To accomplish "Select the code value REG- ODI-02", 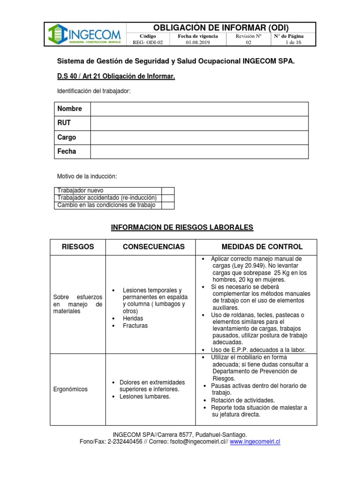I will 148,42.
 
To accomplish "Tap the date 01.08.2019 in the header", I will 198,42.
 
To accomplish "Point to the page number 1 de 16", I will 293,42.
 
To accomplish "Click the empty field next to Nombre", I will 199,109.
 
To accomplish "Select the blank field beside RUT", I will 199,123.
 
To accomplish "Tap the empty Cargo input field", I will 199,138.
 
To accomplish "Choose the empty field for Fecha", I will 199,152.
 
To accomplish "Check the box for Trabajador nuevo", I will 168,191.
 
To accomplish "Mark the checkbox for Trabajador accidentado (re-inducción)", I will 168,198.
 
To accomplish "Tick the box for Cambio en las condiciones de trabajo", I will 168,205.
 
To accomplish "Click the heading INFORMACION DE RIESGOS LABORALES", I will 182,227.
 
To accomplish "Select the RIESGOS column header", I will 78,247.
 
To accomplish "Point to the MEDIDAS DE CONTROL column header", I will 262,247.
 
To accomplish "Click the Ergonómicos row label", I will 71,389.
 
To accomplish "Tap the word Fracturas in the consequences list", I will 135,325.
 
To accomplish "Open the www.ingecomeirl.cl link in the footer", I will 255,442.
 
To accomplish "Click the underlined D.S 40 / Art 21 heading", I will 116,76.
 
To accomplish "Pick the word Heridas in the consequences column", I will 133,318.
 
